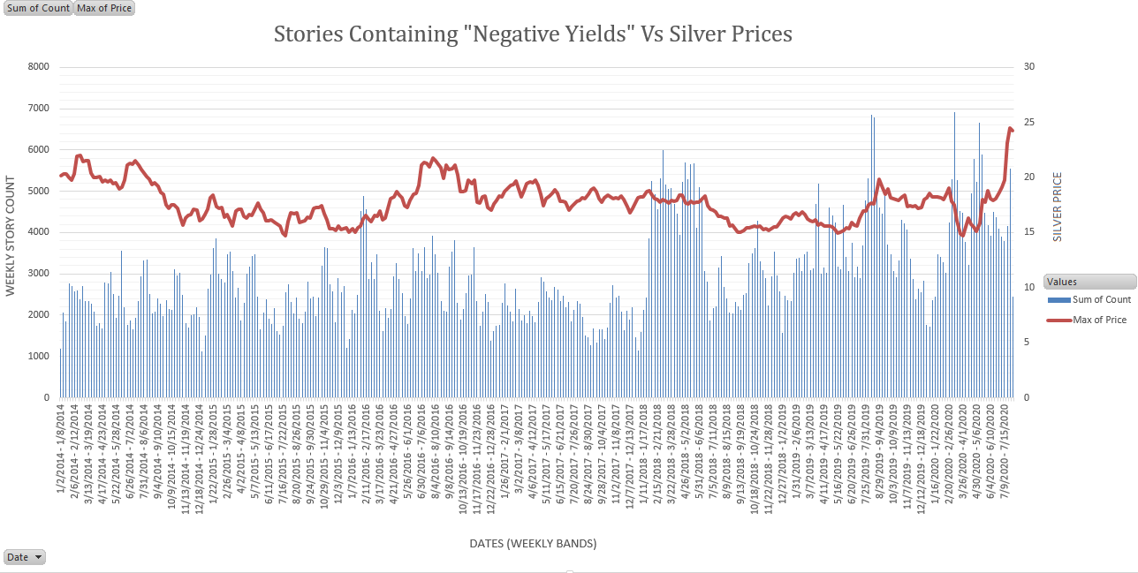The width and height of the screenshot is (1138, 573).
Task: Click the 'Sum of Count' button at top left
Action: pyautogui.click(x=38, y=9)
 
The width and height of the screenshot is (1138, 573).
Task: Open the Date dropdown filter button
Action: pyautogui.click(x=25, y=557)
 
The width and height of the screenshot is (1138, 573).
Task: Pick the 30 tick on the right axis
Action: pyautogui.click(x=1029, y=67)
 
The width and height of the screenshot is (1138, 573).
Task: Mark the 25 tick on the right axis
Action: pyautogui.click(x=1029, y=122)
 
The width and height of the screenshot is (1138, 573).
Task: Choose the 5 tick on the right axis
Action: pyautogui.click(x=1027, y=343)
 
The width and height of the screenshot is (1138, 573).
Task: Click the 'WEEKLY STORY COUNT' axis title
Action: pyautogui.click(x=11, y=236)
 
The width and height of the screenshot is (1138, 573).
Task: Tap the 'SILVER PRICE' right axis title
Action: pyautogui.click(x=1058, y=207)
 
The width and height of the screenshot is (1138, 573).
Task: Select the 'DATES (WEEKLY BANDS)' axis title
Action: pyautogui.click(x=533, y=544)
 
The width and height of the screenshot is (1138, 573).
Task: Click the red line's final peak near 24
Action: pyautogui.click(x=1010, y=129)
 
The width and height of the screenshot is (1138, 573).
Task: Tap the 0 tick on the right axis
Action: pyautogui.click(x=1027, y=398)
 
